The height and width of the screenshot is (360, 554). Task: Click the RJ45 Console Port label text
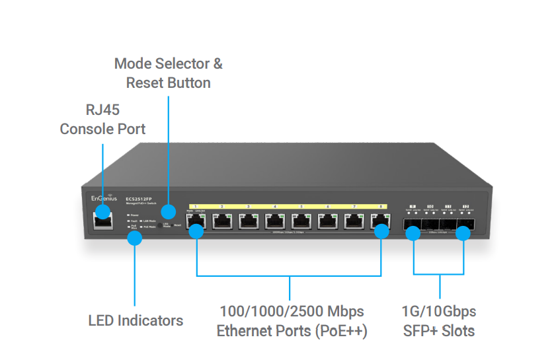coord(102,119)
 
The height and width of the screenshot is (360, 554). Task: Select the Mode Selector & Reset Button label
coord(169,73)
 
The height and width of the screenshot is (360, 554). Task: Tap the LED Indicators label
coord(136,320)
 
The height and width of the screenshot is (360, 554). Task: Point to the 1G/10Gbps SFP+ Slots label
coord(439,320)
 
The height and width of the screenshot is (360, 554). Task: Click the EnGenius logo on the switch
coord(104,198)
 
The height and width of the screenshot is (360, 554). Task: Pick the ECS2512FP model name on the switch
coord(139,198)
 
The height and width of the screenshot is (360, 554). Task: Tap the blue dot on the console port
coord(102,211)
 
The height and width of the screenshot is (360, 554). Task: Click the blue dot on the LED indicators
coord(135,238)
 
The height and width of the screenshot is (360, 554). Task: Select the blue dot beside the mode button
coord(169,212)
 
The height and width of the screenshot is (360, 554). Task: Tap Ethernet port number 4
coord(275,221)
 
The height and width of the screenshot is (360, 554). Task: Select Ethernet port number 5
coord(301,221)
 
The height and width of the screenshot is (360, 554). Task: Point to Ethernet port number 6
coord(328,221)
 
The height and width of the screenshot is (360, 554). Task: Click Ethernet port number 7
coord(354,221)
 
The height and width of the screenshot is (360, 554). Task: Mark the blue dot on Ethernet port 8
coord(381,232)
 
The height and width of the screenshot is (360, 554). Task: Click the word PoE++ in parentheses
coord(344,330)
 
